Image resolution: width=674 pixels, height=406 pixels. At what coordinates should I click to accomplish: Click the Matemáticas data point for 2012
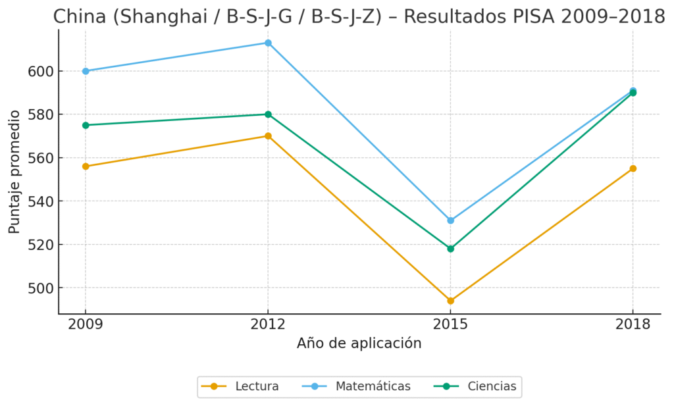(x=268, y=43)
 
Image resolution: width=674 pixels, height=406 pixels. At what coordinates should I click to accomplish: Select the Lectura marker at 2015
(x=450, y=301)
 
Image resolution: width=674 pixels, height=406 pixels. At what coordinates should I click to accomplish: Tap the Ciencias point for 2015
(x=450, y=249)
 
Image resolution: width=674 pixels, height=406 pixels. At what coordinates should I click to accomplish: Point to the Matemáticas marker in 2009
(x=86, y=71)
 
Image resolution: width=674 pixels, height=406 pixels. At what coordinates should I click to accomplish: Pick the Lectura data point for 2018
(x=633, y=168)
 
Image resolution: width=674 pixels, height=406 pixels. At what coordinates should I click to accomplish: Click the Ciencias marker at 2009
(x=86, y=125)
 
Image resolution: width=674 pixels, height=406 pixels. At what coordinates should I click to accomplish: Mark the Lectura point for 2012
(x=268, y=136)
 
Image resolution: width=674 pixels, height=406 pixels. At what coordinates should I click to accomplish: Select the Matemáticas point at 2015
(x=450, y=220)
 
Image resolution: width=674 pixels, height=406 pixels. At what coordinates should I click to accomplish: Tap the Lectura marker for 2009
(x=86, y=166)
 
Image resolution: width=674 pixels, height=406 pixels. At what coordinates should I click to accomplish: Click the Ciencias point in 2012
(x=268, y=114)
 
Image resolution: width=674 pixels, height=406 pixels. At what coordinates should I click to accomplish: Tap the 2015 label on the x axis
(x=450, y=324)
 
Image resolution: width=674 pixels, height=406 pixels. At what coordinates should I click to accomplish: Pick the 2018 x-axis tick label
(x=633, y=324)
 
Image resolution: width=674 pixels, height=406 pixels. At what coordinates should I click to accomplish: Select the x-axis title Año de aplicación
(x=359, y=343)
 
